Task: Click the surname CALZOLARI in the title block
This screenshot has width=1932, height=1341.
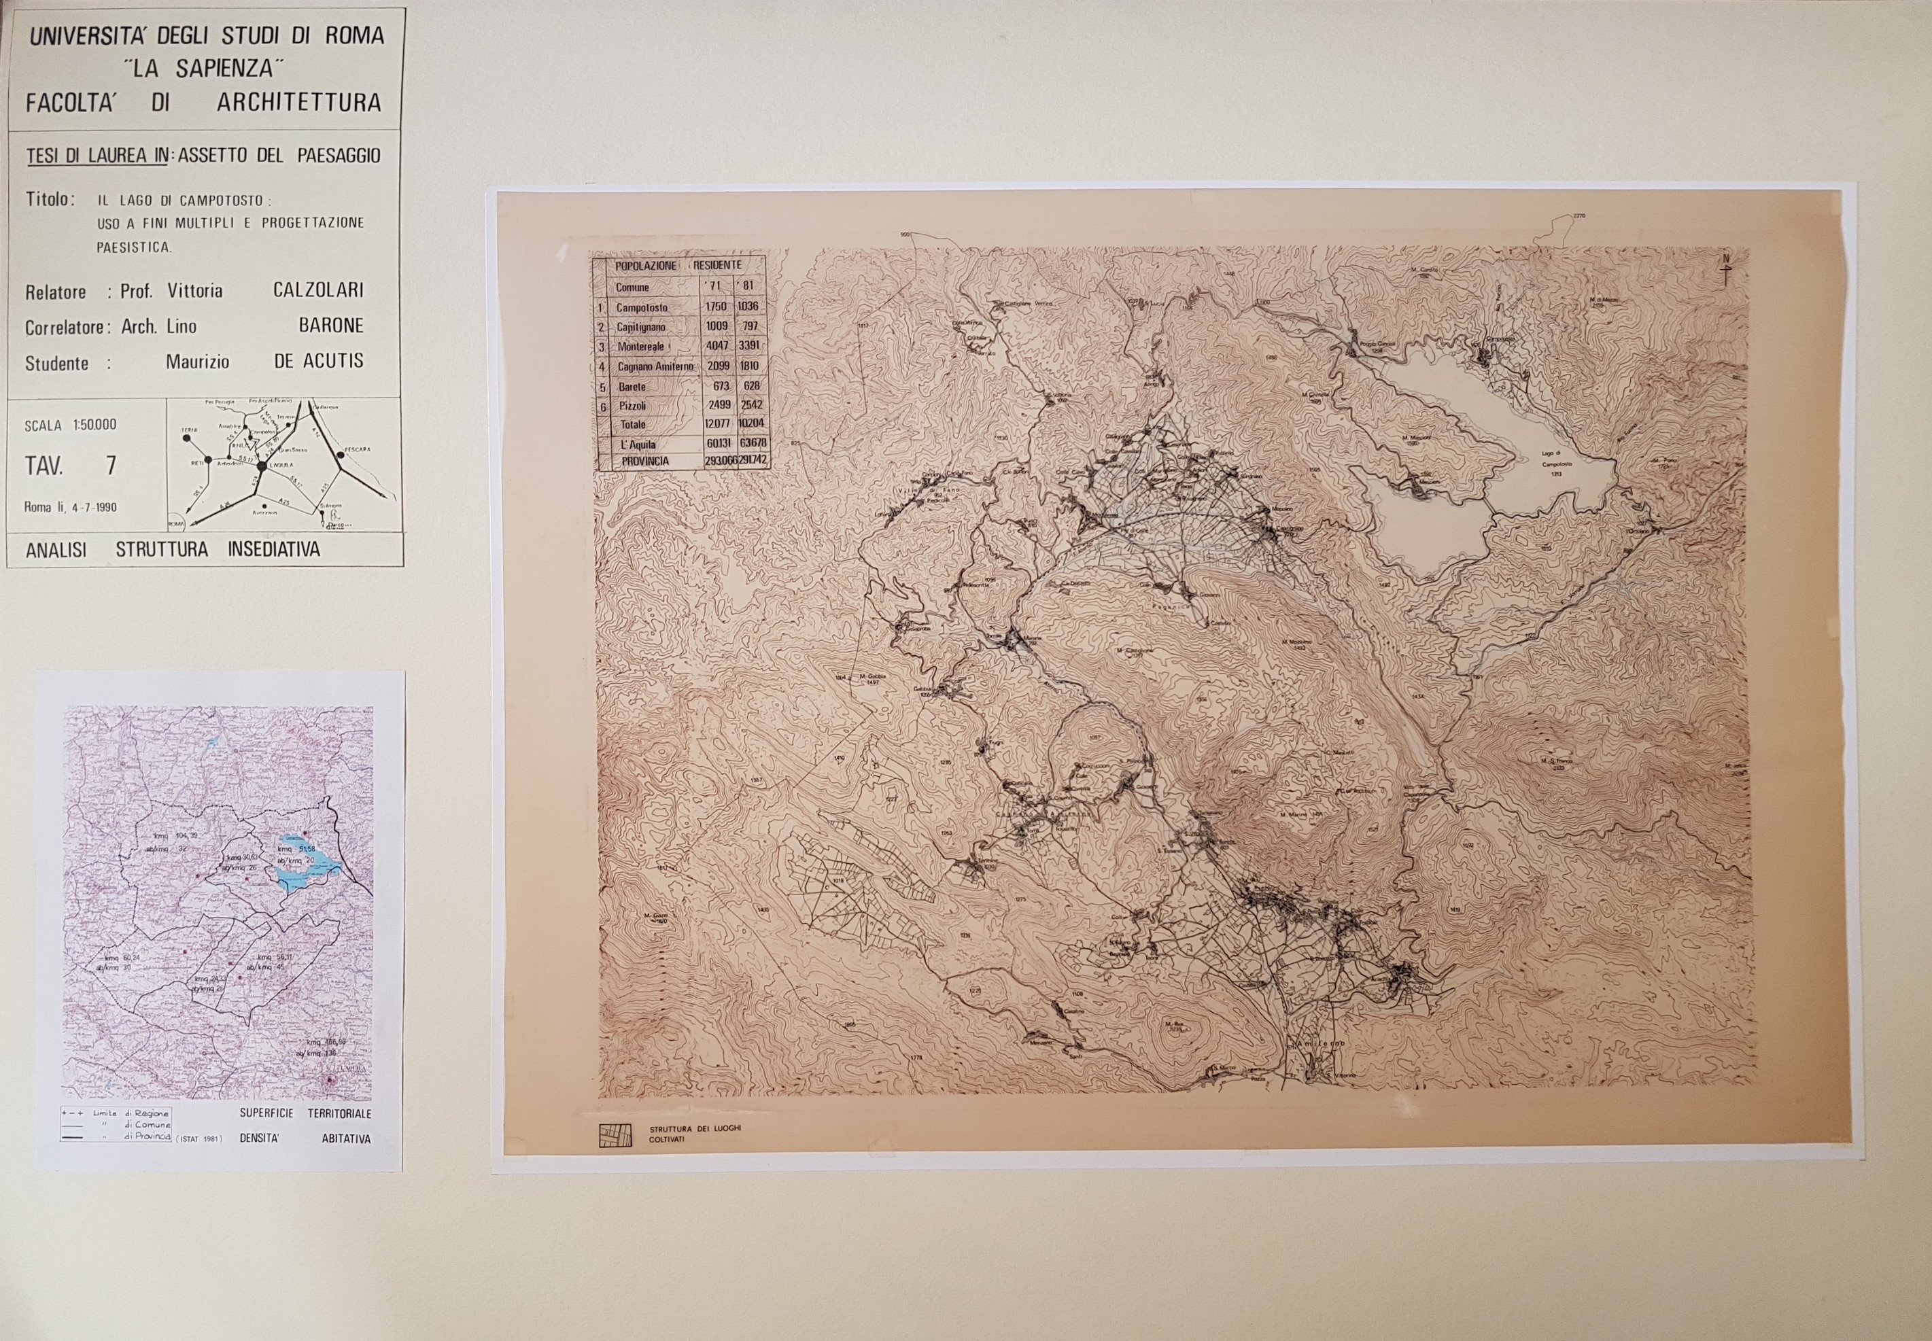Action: (317, 290)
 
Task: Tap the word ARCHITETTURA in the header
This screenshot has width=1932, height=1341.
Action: (298, 103)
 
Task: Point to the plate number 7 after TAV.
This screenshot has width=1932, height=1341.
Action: (111, 466)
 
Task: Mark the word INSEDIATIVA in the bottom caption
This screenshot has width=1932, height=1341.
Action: (273, 551)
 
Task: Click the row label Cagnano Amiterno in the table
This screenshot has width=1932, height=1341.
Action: (655, 366)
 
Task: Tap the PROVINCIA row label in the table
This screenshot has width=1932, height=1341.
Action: (645, 461)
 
